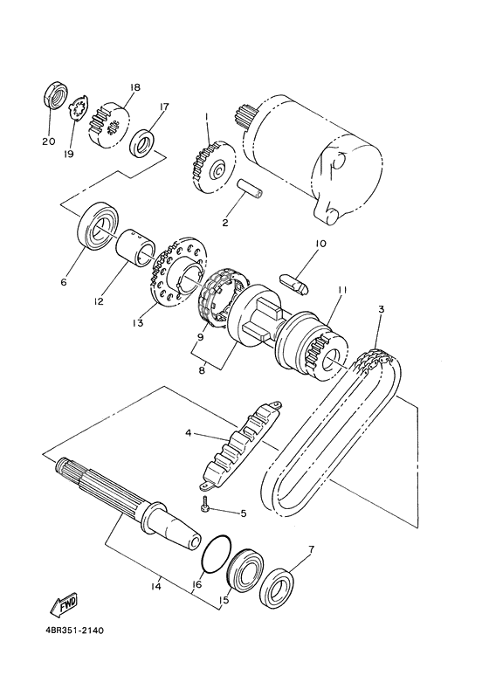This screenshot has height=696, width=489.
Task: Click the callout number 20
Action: [x=48, y=141]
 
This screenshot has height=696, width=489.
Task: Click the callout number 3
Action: [x=381, y=310]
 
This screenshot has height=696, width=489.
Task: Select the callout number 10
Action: [x=320, y=244]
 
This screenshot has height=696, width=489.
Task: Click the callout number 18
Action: [x=134, y=87]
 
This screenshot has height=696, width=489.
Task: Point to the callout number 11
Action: [x=342, y=290]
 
